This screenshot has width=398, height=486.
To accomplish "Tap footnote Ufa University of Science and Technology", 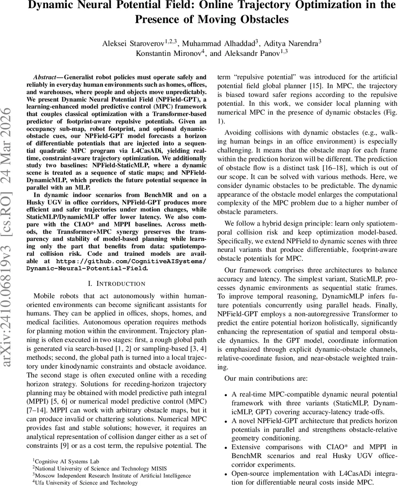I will click(x=86, y=482).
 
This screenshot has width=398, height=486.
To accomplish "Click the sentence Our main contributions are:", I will click(x=266, y=378).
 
